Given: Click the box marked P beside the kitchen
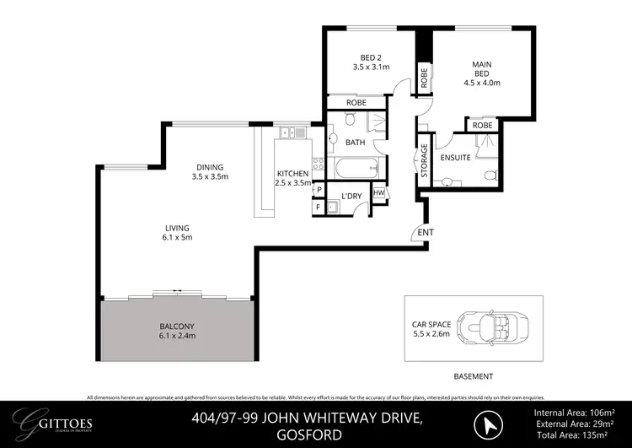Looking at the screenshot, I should (x=319, y=190).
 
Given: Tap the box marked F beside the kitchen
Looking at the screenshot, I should (x=319, y=206).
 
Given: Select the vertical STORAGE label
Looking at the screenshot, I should (x=425, y=159).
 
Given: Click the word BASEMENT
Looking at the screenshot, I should (x=473, y=376).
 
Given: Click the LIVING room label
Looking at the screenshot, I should (x=177, y=228).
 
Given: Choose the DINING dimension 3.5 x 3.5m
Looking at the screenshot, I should (x=210, y=177).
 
